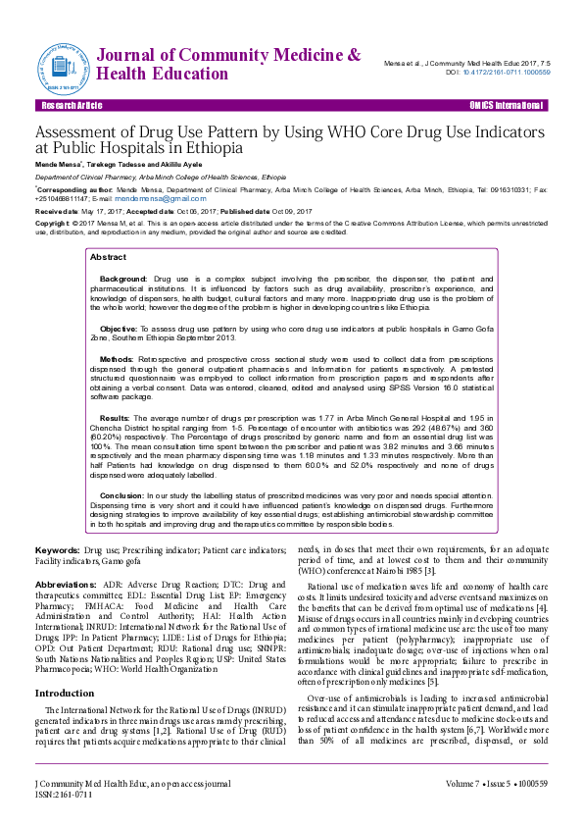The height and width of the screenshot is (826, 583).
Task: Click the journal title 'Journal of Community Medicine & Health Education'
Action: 229,64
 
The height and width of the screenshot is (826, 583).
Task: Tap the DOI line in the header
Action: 498,72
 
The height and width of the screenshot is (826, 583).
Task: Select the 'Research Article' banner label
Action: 71,105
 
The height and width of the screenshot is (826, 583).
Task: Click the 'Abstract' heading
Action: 108,257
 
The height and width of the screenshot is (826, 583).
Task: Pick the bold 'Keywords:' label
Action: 57,550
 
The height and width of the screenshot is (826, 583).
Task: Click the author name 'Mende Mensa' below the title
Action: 58,164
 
